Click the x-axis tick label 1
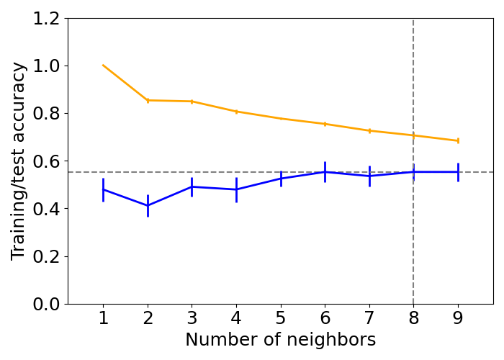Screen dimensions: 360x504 103,318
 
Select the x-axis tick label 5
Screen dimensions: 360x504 281,318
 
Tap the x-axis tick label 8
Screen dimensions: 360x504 413,318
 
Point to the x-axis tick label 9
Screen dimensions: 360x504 458,318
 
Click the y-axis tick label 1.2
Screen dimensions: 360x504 45,19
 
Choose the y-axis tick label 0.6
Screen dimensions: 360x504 45,161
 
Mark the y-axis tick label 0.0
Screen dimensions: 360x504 45,304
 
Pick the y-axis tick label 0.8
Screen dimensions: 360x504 45,114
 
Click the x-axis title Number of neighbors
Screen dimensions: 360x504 280,340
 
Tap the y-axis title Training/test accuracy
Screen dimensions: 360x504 19,161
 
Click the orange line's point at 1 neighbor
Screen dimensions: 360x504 103,66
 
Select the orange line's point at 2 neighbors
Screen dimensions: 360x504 148,100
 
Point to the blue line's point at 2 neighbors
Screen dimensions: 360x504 148,205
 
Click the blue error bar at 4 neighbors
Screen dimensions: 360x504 236,189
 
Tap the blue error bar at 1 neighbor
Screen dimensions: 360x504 103,189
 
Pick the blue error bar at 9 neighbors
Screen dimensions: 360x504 458,172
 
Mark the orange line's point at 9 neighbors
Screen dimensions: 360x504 458,140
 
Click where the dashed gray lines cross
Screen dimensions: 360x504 413,172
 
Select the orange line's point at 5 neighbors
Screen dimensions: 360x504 281,118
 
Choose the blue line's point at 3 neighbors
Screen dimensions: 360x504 192,186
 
